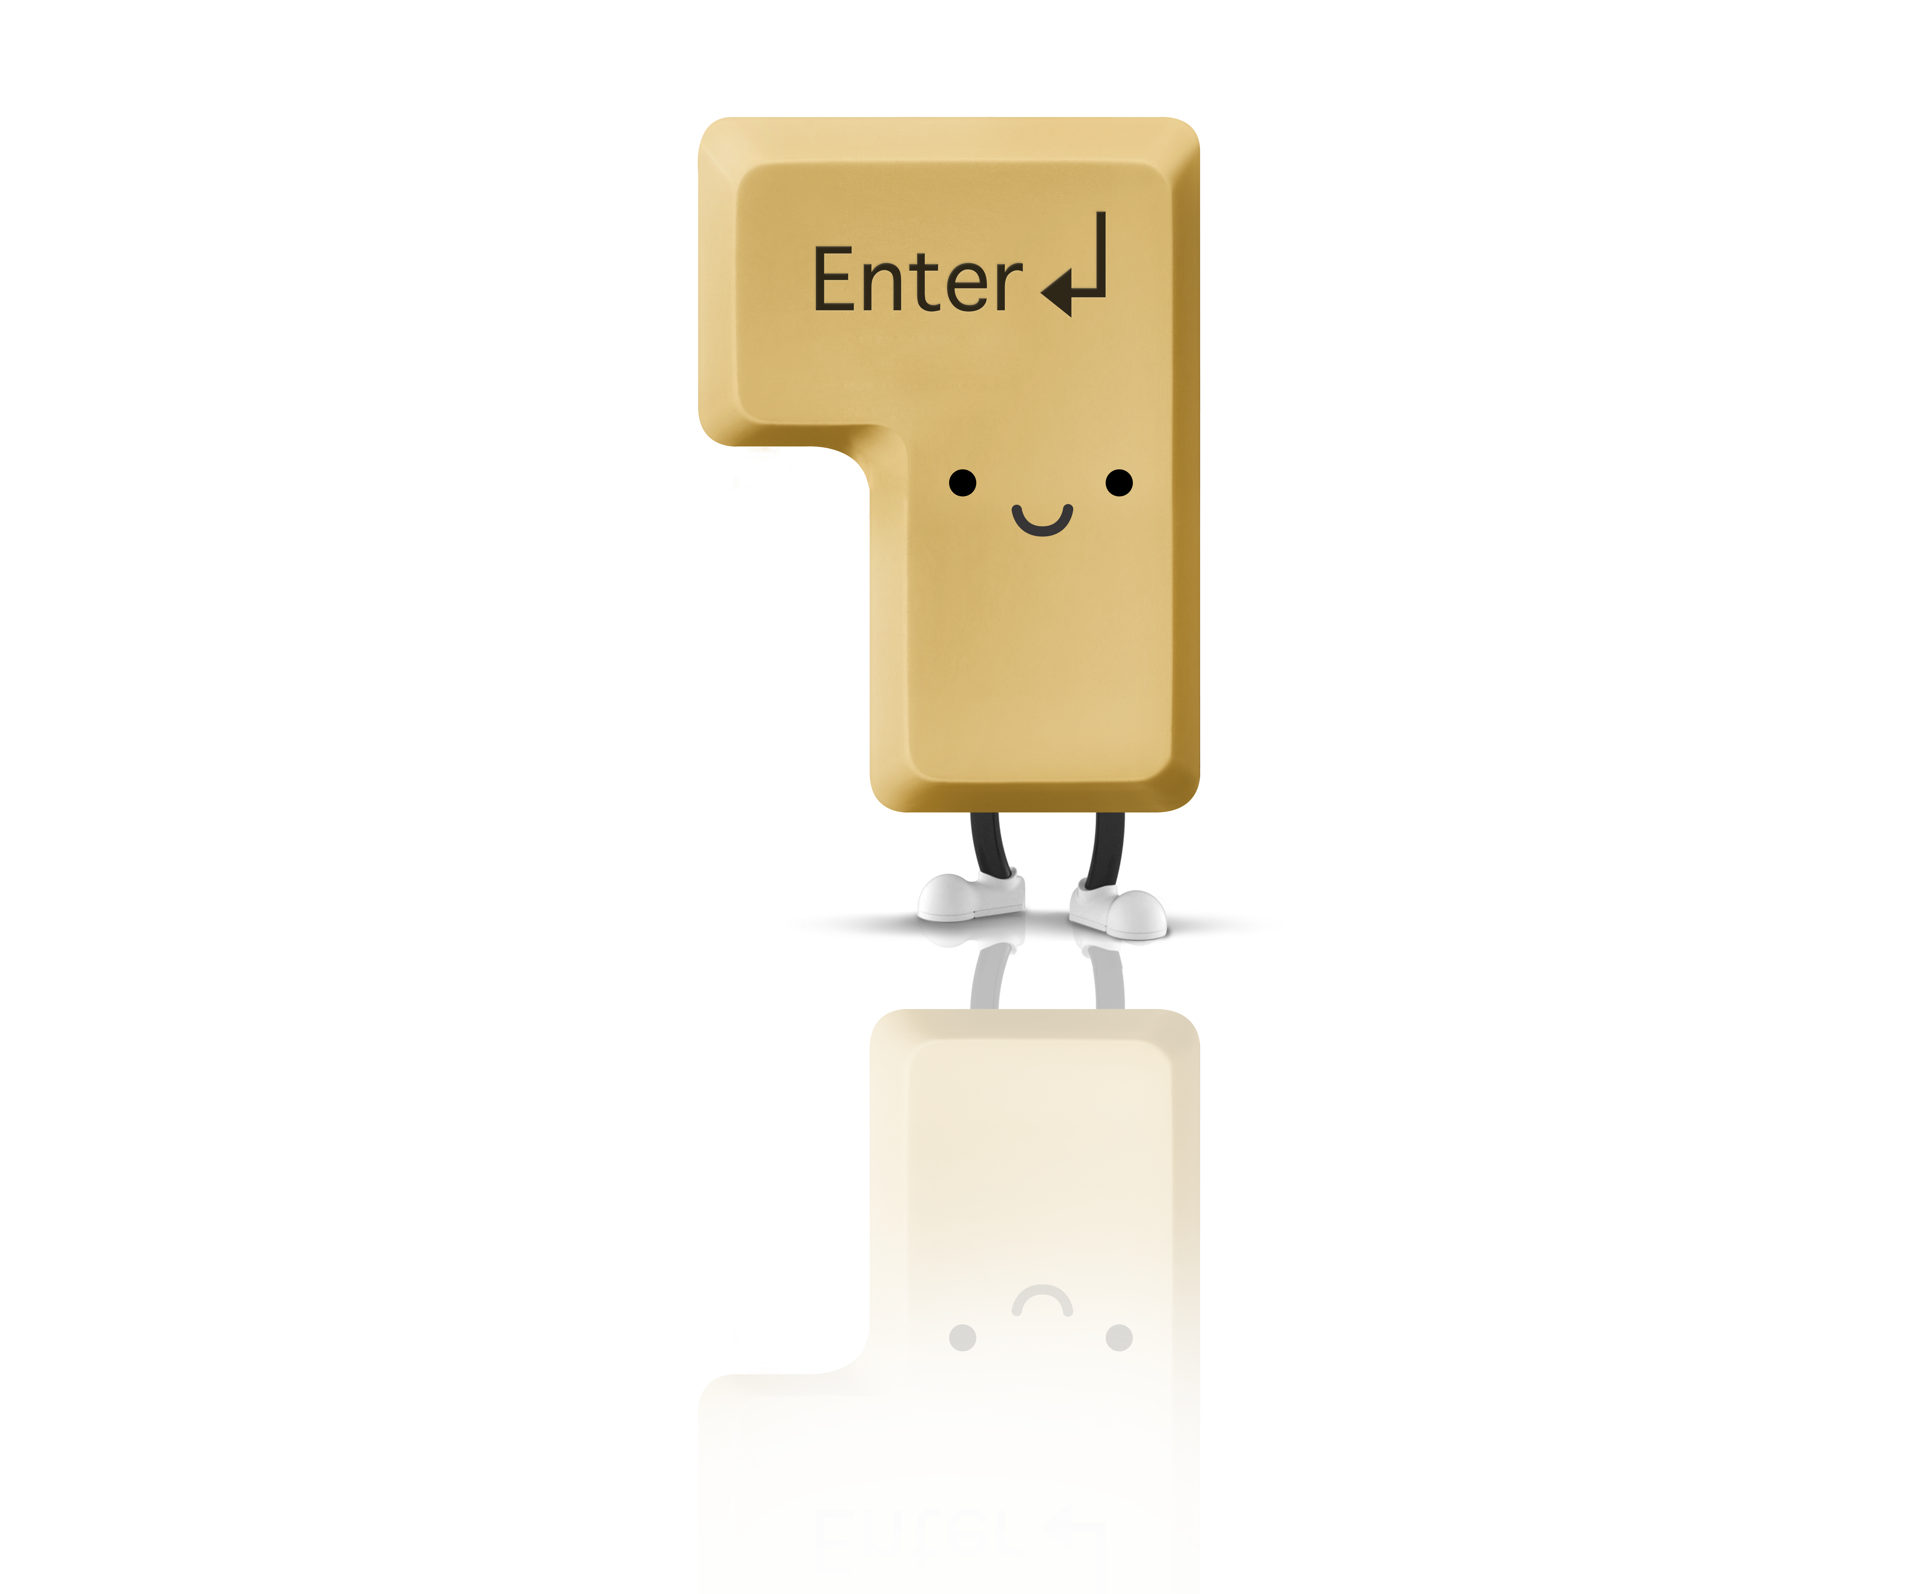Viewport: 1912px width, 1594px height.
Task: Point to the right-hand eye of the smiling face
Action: pyautogui.click(x=1119, y=483)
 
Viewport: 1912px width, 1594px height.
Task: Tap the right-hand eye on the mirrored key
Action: pyautogui.click(x=1119, y=1337)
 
